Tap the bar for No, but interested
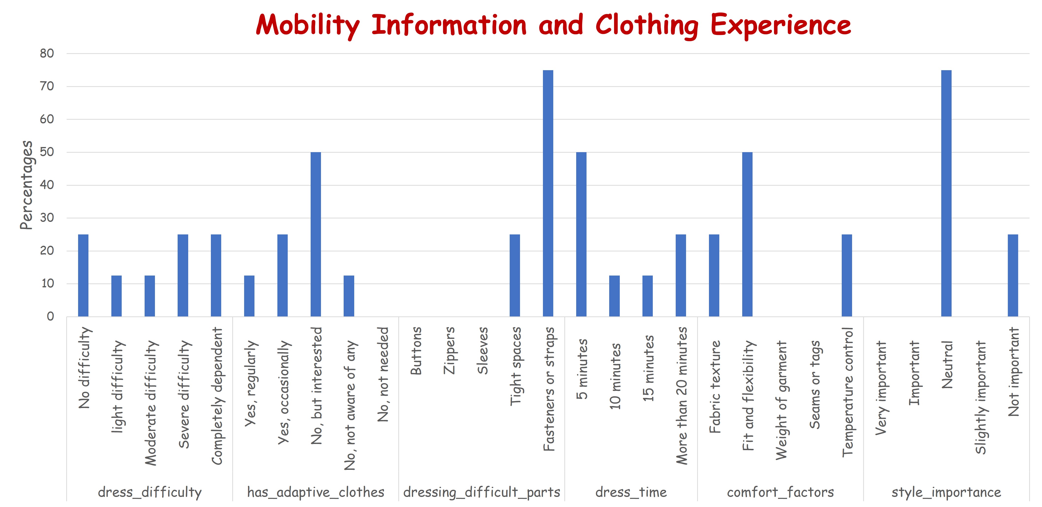pos(316,234)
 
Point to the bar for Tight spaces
pos(515,275)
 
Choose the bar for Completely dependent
pos(216,275)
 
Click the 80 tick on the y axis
pos(47,53)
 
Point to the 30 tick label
pos(47,218)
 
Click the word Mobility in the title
pos(307,25)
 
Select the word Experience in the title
pos(781,25)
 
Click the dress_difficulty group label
pos(150,492)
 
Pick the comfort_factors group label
pos(780,492)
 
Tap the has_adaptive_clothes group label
pos(316,492)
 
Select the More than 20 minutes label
pos(681,395)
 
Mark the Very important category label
pos(881,388)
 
